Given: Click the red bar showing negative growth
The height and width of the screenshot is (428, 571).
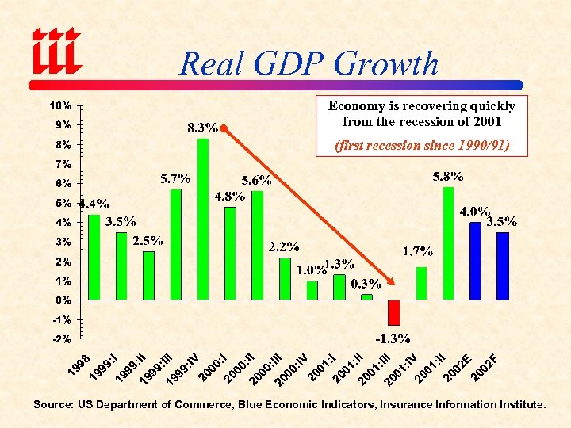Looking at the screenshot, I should tap(393, 312).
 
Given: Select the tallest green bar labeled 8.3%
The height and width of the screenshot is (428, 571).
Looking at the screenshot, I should tap(203, 219).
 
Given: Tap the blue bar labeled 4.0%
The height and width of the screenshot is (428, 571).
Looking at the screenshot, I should tap(475, 261).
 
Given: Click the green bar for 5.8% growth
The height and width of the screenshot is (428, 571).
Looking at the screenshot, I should tap(448, 243).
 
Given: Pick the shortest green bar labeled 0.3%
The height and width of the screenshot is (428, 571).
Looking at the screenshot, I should tap(366, 297).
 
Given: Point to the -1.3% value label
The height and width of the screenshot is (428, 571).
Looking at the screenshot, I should tap(392, 338).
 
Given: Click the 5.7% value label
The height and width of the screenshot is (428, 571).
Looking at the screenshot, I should tap(175, 178).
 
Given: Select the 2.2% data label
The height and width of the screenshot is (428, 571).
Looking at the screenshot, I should tap(283, 246).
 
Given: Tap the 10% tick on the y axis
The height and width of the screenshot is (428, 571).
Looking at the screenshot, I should tap(61, 105).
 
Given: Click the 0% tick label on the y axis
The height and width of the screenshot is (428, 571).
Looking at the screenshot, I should tap(63, 300).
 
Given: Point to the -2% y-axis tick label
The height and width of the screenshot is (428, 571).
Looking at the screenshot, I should tap(61, 339).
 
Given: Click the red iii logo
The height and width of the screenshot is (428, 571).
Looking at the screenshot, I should tap(56, 48).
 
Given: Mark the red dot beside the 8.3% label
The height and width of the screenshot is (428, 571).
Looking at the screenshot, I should tap(224, 128).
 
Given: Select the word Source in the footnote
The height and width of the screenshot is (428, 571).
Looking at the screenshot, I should tap(52, 404).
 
